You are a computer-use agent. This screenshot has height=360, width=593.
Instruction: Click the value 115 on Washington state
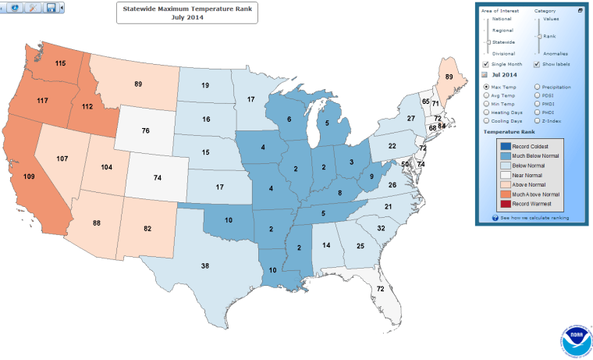59,62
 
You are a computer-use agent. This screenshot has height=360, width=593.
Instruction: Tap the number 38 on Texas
204,266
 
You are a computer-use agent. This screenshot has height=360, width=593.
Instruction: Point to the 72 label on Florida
379,290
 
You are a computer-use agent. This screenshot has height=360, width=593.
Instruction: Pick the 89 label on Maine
449,77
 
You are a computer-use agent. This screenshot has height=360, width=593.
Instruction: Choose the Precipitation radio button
537,87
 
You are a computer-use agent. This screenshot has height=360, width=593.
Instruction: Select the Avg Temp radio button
487,95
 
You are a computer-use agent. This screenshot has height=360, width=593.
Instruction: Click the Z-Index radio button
537,122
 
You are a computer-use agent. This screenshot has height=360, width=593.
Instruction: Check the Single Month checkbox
486,64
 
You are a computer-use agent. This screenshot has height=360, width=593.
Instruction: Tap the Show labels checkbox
537,64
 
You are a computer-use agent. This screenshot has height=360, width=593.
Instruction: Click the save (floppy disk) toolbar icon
51,7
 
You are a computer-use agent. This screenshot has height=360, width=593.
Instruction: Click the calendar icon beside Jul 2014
485,75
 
